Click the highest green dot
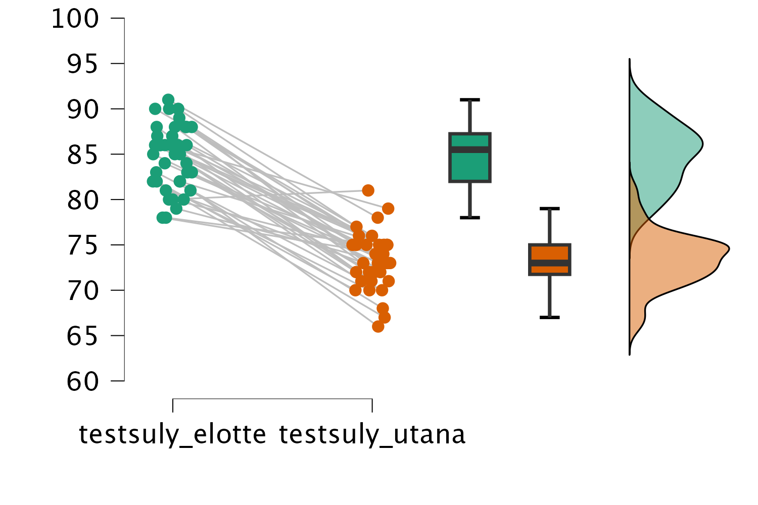(x=168, y=99)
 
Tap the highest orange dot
(x=368, y=190)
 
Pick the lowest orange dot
(x=378, y=327)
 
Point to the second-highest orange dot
(x=388, y=209)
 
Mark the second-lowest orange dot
(x=385, y=318)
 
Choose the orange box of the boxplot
(x=550, y=252)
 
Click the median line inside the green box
(x=470, y=149)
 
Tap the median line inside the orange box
(x=550, y=263)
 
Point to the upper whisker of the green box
(x=470, y=116)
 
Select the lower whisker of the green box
(x=470, y=200)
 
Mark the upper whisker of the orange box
(x=550, y=226)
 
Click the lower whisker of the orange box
(x=550, y=296)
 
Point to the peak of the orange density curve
(x=727, y=248)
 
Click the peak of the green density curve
(x=701, y=144)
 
